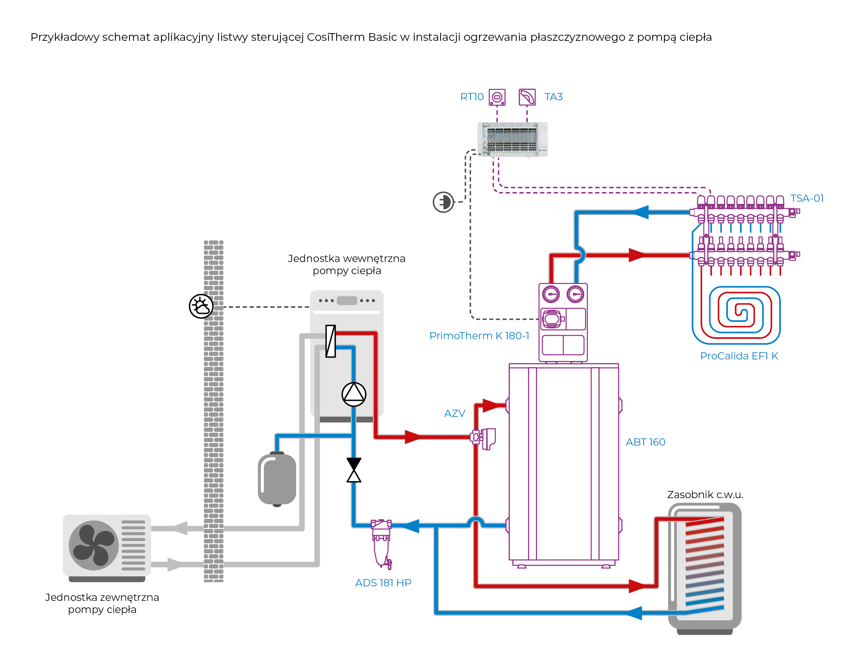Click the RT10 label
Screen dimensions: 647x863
472,97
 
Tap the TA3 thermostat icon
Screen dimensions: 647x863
527,97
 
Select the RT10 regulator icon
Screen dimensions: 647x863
497,97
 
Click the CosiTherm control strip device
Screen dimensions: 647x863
513,139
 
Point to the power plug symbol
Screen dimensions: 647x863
443,202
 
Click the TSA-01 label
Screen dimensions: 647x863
807,199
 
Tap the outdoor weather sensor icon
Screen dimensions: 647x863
201,306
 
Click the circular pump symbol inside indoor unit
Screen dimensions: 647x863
354,394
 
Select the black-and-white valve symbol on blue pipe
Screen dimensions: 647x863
354,470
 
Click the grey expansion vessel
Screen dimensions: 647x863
277,479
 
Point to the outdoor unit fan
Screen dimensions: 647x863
93,545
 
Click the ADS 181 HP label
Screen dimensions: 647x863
383,583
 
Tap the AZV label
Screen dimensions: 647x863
455,414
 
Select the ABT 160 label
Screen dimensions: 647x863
645,442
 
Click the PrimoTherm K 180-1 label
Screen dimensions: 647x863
479,336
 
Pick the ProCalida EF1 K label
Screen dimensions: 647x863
739,356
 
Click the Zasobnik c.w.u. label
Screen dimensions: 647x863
705,495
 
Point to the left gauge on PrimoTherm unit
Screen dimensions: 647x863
551,294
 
